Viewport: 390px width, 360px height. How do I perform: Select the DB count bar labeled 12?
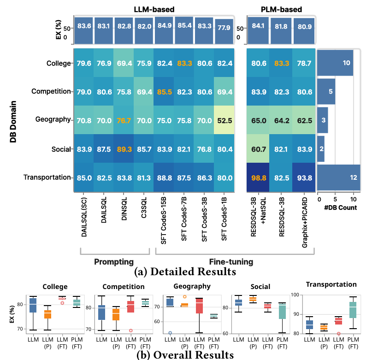click(338, 177)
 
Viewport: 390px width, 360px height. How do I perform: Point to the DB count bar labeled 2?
click(321, 149)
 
